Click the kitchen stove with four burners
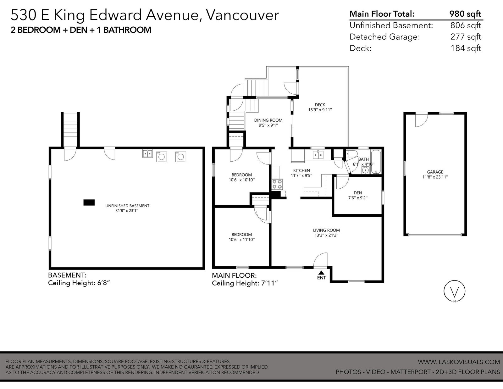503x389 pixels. coord(277,184)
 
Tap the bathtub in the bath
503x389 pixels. coord(376,162)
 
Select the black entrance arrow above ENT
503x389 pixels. coord(321,273)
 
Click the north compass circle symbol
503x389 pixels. coord(454,291)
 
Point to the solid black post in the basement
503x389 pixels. coord(89,203)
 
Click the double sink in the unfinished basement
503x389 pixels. coord(147,153)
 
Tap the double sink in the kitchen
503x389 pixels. coord(318,154)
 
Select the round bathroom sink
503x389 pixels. coord(365,170)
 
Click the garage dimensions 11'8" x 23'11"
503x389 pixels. coord(435,177)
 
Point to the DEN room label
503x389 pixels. coord(358,193)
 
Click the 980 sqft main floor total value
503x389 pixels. coord(465,14)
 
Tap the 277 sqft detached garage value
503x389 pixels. coord(466,36)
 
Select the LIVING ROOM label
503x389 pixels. coord(326,230)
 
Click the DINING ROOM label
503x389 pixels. coord(268,120)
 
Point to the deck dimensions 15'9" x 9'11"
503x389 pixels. coord(320,110)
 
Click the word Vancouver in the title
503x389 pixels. coord(243,15)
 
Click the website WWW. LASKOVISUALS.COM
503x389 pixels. coord(459,362)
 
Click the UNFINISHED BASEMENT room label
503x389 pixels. coord(127,206)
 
